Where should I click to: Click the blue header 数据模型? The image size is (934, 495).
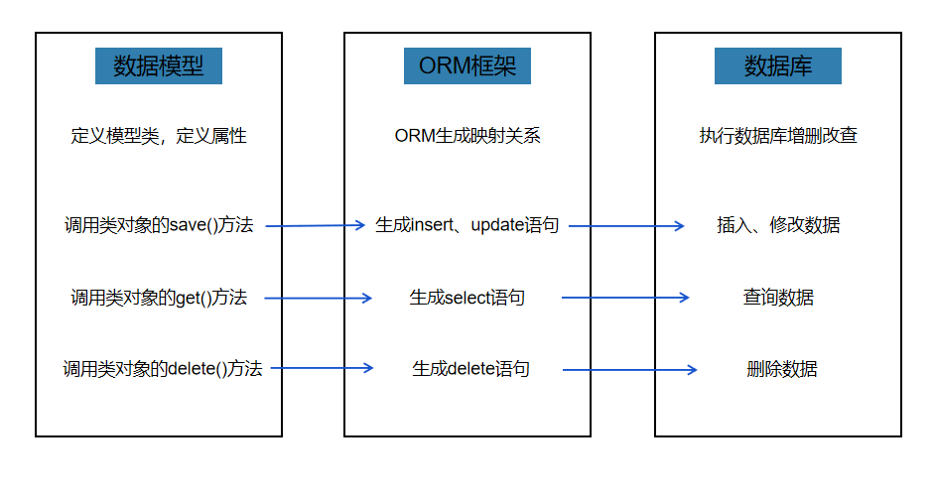(159, 66)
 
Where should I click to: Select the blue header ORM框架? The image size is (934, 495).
(467, 66)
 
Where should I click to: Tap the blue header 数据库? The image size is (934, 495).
(778, 66)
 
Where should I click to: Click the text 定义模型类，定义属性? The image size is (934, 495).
(159, 136)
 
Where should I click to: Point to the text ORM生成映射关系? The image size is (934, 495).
(467, 136)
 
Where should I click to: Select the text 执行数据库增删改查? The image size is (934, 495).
(778, 136)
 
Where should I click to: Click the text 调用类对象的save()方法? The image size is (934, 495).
(159, 225)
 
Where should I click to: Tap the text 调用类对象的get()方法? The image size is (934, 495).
(159, 297)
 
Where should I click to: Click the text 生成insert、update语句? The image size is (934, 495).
(467, 225)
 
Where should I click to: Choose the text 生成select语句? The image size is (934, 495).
(467, 297)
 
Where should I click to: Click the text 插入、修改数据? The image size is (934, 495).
(778, 225)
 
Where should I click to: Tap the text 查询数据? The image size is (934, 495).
(778, 297)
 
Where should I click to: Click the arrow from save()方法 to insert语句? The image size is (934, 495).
(316, 225)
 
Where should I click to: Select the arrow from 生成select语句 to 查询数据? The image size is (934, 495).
(625, 297)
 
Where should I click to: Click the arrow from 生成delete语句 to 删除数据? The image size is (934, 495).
(629, 370)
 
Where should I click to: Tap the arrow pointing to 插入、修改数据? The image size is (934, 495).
(626, 225)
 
